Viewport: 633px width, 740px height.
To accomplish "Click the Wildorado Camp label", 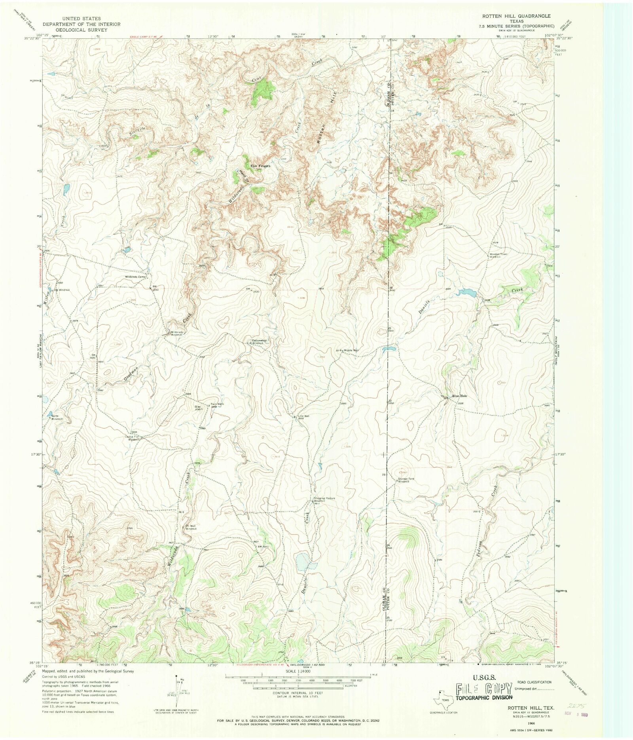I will pos(136,276).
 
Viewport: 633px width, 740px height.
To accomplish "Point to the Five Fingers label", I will pos(260,166).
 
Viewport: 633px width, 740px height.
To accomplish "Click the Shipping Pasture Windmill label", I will pos(324,500).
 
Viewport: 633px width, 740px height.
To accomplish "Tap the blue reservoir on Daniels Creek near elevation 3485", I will pos(467,293).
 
